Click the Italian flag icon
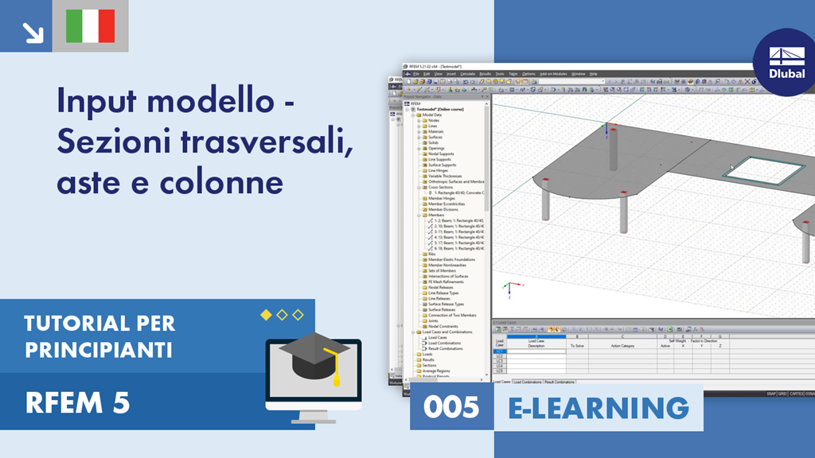point(90,25)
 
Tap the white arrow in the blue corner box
point(33,32)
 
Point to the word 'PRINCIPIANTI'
point(99,349)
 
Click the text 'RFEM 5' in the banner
point(77,403)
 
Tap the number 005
point(451,407)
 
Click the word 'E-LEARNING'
point(599,407)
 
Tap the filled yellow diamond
point(266,315)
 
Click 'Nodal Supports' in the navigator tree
point(443,153)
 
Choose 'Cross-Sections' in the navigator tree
point(441,187)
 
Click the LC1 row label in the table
point(499,351)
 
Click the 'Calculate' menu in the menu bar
point(467,73)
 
